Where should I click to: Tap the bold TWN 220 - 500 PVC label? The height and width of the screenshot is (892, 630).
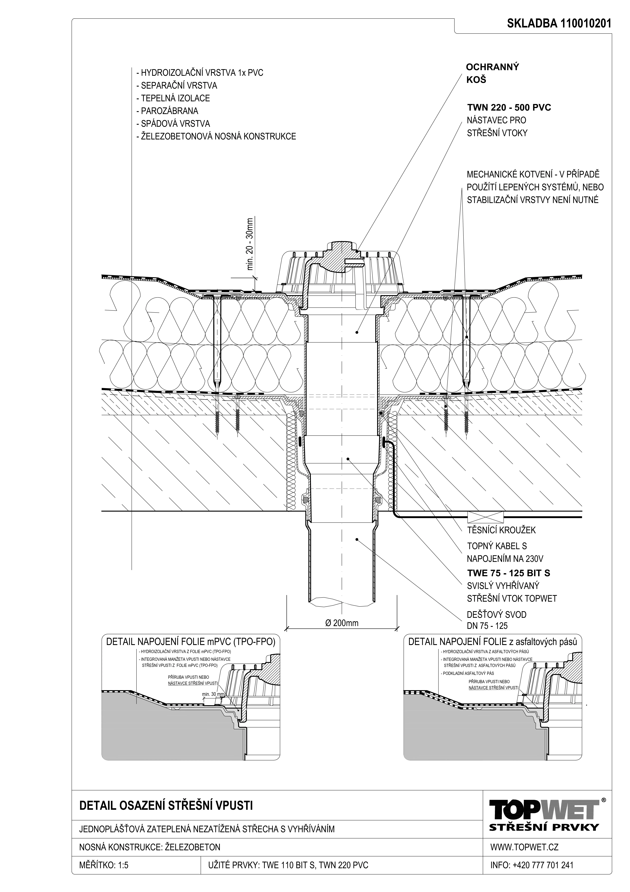point(509,108)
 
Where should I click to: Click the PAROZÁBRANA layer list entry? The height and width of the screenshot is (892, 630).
point(167,111)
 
